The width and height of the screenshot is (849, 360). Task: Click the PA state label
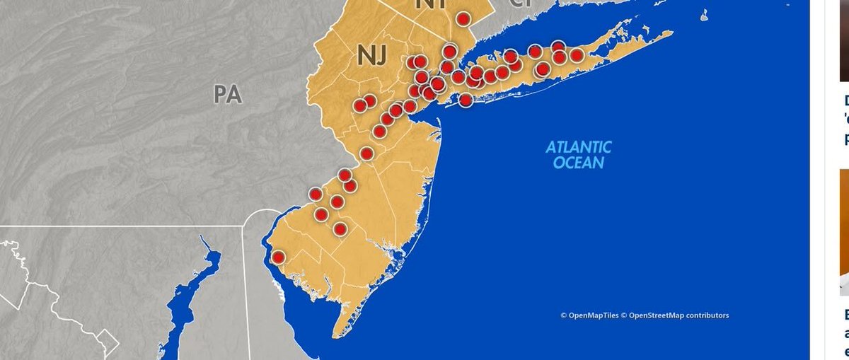coord(228,94)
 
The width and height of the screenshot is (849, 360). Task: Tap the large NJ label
coord(371,57)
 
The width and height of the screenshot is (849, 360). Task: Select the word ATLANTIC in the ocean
coord(579,148)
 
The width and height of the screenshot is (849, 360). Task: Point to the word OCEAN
coord(579,163)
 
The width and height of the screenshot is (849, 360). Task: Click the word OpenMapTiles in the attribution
coord(593,315)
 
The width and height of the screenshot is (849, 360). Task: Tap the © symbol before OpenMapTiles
coord(564,315)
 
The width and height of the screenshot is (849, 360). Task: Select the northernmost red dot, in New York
coord(463,19)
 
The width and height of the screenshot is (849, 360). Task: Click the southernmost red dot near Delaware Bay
coord(278,257)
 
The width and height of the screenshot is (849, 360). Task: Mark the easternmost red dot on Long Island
coord(577,55)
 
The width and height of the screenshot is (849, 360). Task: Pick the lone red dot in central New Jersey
coord(366,153)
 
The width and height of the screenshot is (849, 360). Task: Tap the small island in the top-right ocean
coord(704,14)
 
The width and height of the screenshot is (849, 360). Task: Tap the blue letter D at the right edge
coord(845,100)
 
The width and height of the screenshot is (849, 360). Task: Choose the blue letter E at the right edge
coord(845,314)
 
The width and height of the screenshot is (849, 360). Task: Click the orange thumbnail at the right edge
coord(844,226)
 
